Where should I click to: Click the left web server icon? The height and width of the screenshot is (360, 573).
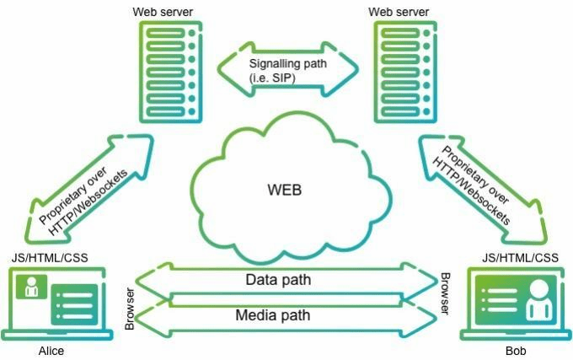click(172, 71)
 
